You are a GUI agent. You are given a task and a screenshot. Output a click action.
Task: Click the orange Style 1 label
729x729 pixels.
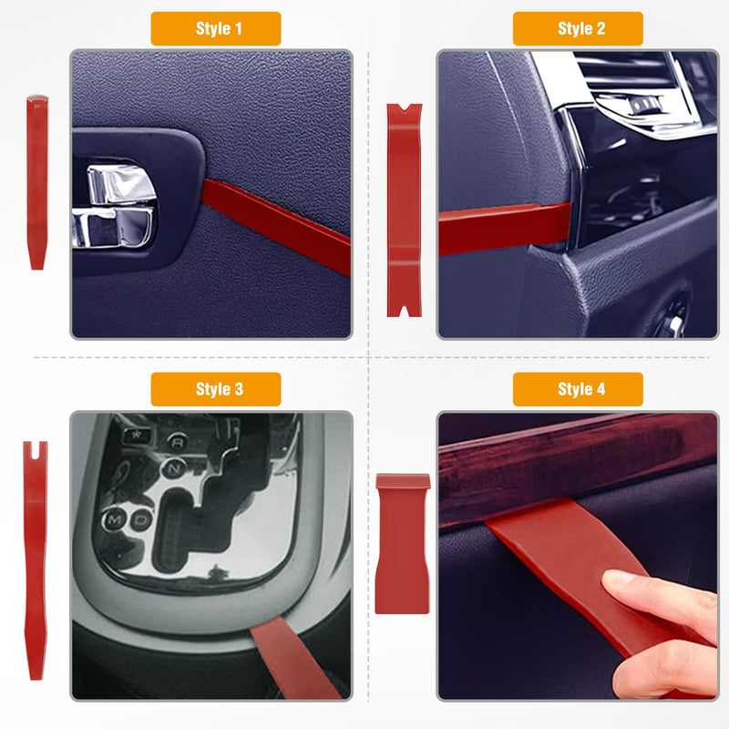pyautogui.click(x=216, y=28)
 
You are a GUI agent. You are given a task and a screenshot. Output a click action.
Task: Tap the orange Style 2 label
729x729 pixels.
pyautogui.click(x=578, y=28)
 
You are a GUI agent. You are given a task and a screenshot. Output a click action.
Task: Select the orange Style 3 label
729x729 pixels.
pyautogui.click(x=216, y=389)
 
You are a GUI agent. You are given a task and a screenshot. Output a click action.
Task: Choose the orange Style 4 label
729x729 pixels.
pyautogui.click(x=578, y=389)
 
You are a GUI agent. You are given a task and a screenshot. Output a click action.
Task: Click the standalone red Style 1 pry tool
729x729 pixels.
pyautogui.click(x=37, y=182)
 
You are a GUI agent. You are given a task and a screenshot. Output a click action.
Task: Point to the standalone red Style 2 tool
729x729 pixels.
pyautogui.click(x=404, y=210)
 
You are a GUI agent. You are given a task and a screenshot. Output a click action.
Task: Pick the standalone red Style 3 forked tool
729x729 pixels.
pyautogui.click(x=36, y=560)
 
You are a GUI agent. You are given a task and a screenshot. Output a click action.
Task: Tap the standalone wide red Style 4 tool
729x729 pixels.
pyautogui.click(x=402, y=543)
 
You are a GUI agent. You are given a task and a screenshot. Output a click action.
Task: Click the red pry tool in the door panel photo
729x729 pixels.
pyautogui.click(x=276, y=227)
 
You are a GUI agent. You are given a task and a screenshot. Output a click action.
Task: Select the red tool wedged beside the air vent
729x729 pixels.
pyautogui.click(x=505, y=229)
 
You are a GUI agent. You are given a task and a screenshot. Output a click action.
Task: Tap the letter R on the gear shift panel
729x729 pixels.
pyautogui.click(x=177, y=441)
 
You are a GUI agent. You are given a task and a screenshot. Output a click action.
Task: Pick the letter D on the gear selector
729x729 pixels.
pyautogui.click(x=140, y=519)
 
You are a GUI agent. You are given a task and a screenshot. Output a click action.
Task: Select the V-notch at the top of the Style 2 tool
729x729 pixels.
pyautogui.click(x=404, y=108)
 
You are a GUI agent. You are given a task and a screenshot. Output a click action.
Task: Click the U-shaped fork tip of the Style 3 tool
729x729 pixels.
pyautogui.click(x=36, y=448)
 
